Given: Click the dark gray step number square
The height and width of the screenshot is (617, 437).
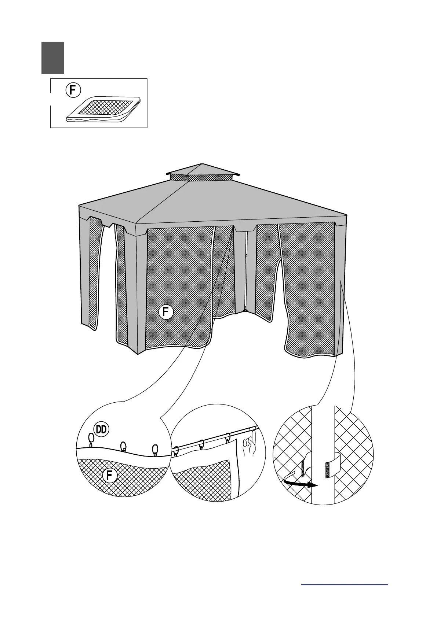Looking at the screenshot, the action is click(53, 58).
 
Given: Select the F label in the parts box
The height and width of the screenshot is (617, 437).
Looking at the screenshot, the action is click(73, 90).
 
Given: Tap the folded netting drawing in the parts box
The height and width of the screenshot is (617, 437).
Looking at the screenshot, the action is click(104, 109).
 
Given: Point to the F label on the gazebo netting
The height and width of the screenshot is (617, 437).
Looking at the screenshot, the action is click(166, 312).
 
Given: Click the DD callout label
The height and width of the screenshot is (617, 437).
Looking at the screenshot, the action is click(101, 429).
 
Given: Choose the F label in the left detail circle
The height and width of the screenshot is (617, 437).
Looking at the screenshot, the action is click(110, 476).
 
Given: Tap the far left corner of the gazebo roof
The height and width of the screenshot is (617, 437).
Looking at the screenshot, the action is click(80, 206).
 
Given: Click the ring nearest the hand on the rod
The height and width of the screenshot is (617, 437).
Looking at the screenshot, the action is click(228, 438).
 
